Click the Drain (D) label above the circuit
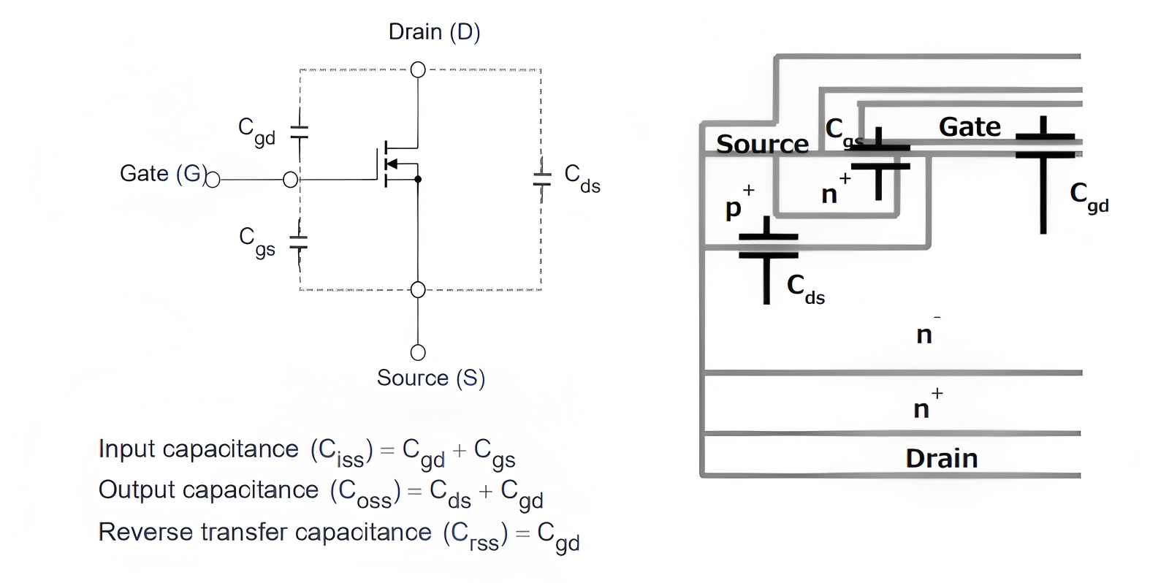pyautogui.click(x=434, y=32)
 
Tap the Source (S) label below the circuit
pyautogui.click(x=430, y=378)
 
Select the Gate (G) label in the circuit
pyautogui.click(x=162, y=174)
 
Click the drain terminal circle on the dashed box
pyautogui.click(x=418, y=69)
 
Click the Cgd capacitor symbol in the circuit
pyautogui.click(x=299, y=132)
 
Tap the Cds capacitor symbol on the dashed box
pyautogui.click(x=541, y=178)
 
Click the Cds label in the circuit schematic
pyautogui.click(x=582, y=178)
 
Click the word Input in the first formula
pyautogui.click(x=125, y=449)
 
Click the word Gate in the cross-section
pyautogui.click(x=970, y=127)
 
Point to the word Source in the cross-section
pyautogui.click(x=762, y=144)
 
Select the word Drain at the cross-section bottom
pyautogui.click(x=941, y=458)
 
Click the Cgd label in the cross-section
pyautogui.click(x=1089, y=197)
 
